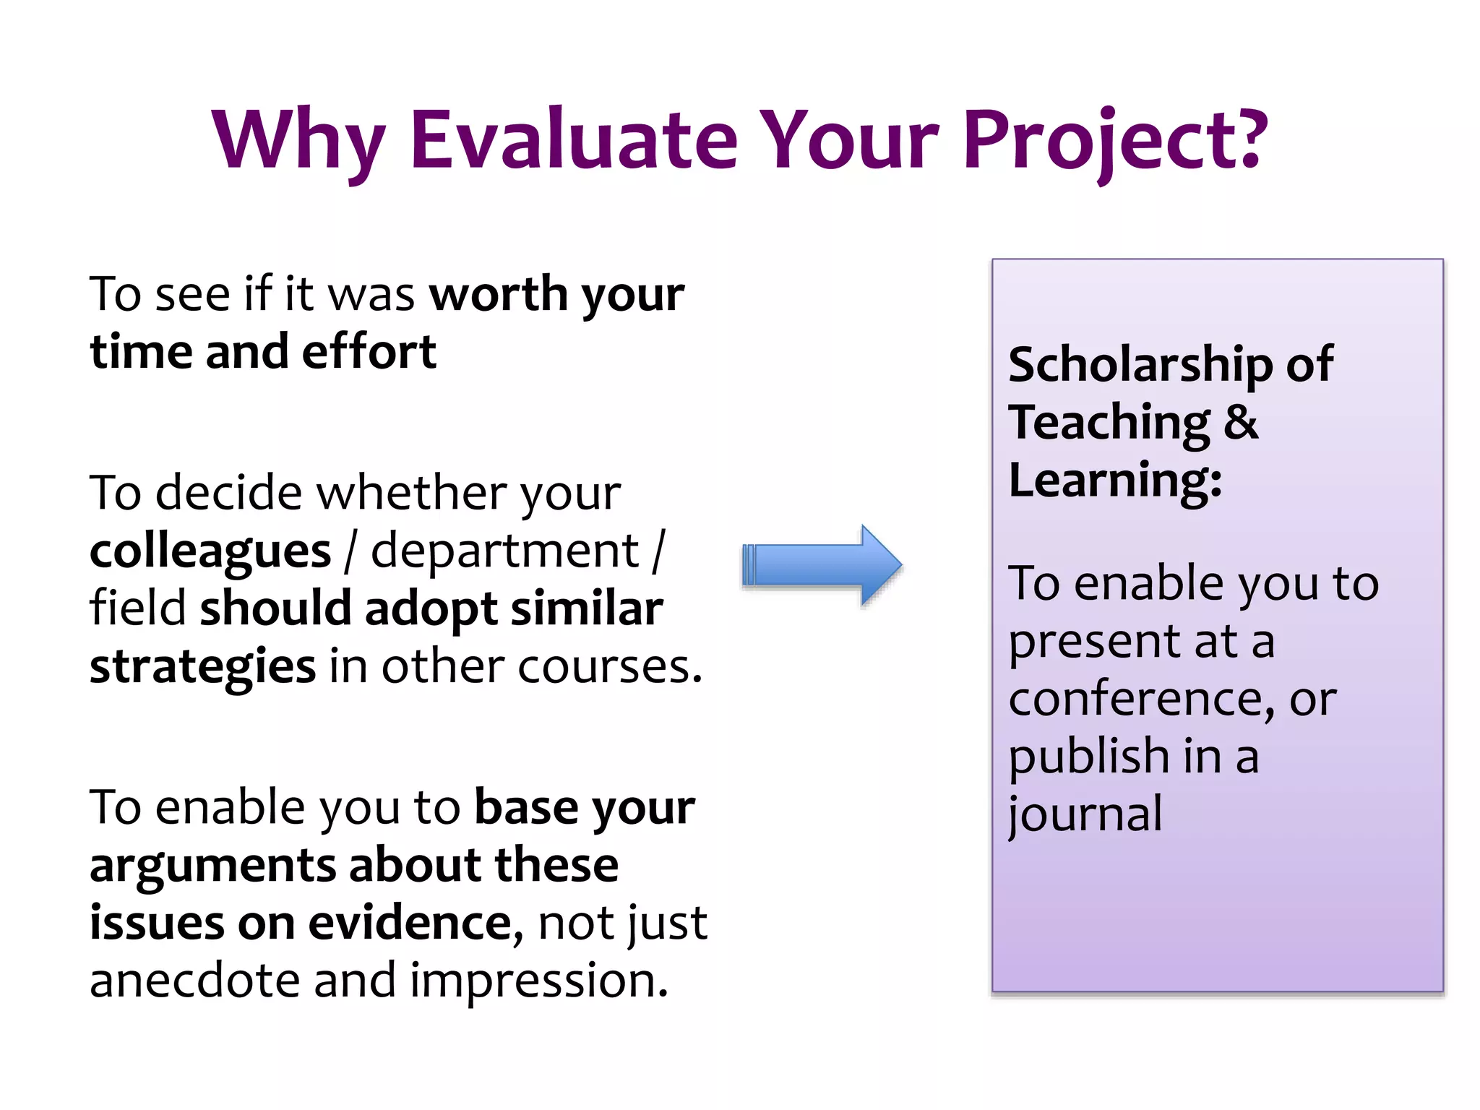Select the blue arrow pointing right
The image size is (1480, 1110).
[x=822, y=564]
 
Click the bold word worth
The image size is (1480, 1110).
[x=498, y=294]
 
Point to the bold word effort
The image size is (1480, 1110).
[x=369, y=352]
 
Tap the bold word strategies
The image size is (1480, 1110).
[x=202, y=667]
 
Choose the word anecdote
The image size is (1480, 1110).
[x=194, y=981]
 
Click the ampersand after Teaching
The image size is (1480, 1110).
[x=1241, y=421]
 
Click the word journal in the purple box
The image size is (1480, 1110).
[x=1085, y=815]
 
